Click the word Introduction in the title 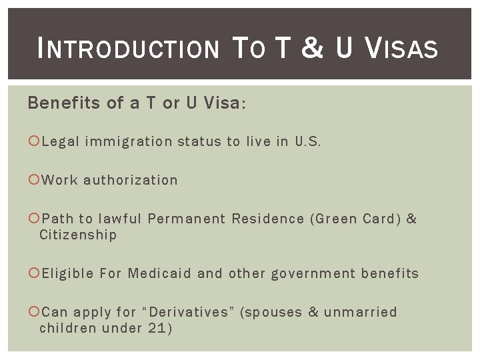point(129,49)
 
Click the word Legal point(61,141)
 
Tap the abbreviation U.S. point(308,141)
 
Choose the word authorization point(131,180)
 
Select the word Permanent point(187,219)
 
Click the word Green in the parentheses point(335,219)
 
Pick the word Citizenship point(78,235)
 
